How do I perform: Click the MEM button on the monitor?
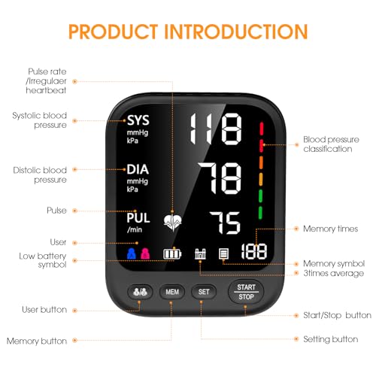coord(171,291)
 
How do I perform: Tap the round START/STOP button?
coord(246,291)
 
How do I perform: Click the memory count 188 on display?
coord(253,252)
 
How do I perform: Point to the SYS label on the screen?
coord(138,120)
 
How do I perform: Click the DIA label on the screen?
coord(138,169)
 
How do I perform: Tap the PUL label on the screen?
coord(138,217)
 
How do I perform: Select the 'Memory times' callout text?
coord(329,227)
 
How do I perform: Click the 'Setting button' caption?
coord(330,339)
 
